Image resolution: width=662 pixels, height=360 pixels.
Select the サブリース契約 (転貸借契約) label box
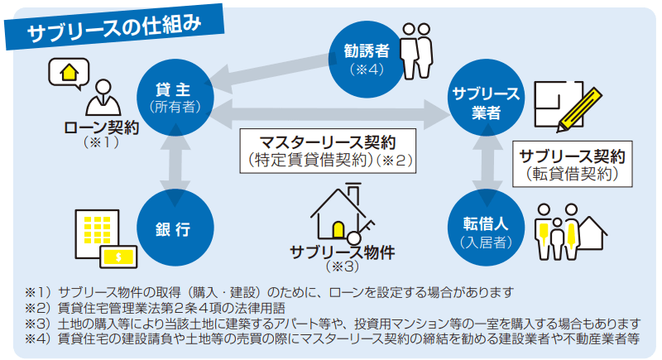pos(571,165)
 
